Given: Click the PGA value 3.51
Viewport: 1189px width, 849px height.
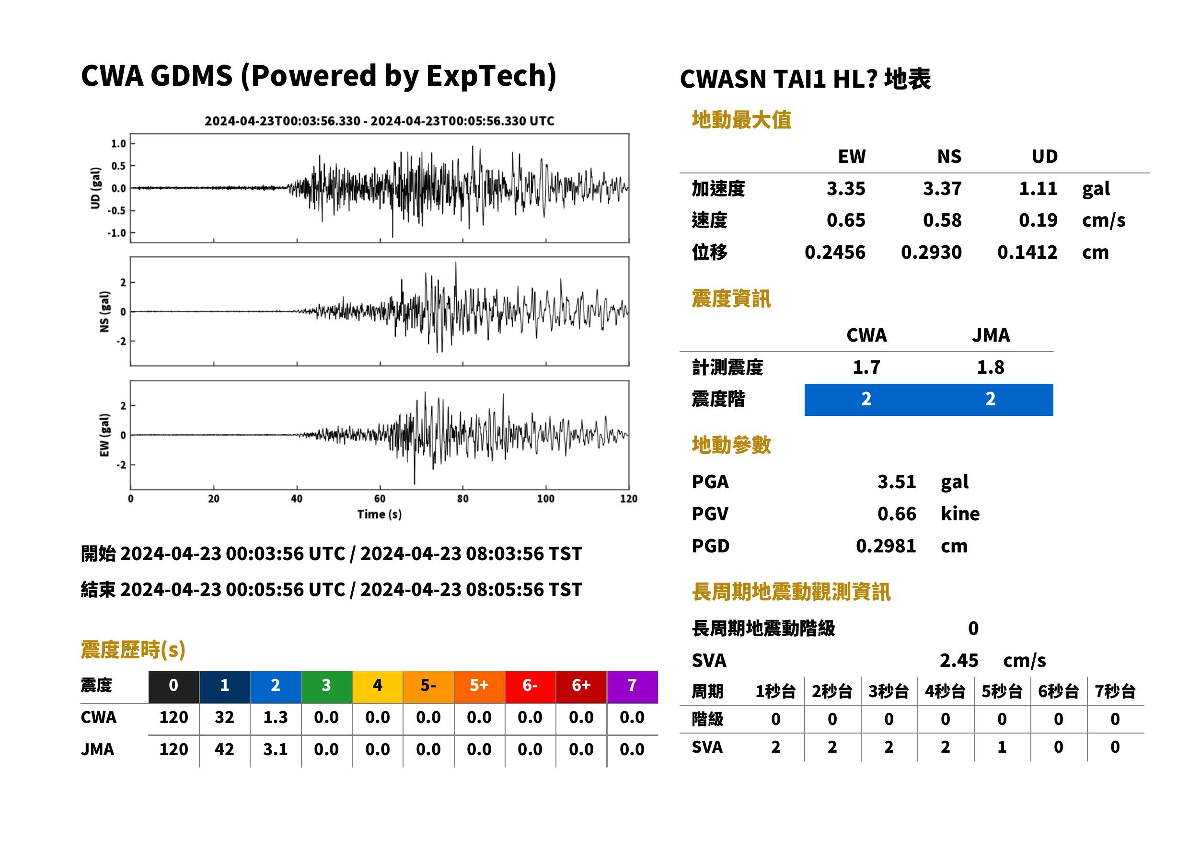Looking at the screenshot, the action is (x=896, y=482).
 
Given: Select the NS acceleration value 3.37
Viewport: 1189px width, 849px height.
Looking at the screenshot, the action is (x=942, y=188).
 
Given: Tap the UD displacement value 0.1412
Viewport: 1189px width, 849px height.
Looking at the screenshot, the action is (x=1027, y=252).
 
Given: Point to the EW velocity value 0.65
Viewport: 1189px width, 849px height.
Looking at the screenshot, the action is (x=845, y=220).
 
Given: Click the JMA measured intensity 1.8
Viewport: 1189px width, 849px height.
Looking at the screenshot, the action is (x=990, y=367).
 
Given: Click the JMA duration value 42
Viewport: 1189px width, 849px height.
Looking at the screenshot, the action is (x=224, y=749).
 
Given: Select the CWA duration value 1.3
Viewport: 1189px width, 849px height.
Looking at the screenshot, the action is (x=276, y=717).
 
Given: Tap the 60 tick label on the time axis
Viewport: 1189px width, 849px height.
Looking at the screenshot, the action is (x=380, y=499).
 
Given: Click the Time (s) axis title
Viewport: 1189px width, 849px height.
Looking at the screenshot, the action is (x=380, y=515).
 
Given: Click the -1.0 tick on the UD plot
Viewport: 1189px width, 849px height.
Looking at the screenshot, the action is (x=117, y=233).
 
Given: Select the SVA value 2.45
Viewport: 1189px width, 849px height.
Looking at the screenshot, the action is (x=958, y=660).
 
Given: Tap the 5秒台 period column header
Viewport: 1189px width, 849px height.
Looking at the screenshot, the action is (x=1002, y=691).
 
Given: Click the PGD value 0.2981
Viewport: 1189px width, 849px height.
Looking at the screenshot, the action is (x=886, y=546).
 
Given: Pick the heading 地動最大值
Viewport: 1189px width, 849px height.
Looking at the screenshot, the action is (x=741, y=120).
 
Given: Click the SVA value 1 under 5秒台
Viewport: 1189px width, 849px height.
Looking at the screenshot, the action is (x=1002, y=747).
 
